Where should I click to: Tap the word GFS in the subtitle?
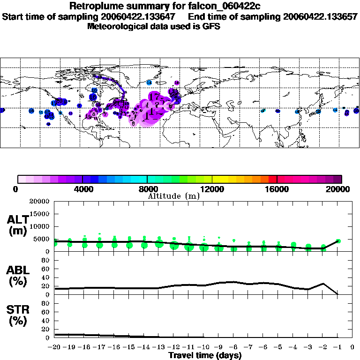coord(210,26)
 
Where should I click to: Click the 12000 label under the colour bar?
coord(212,189)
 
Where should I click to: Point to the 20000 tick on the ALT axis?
coord(39,202)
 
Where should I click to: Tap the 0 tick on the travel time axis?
coord(352,347)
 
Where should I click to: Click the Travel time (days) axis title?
coord(205,355)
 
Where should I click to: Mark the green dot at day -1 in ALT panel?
coord(338,241)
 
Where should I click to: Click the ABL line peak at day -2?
coord(323,284)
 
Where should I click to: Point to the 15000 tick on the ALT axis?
coord(39,214)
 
